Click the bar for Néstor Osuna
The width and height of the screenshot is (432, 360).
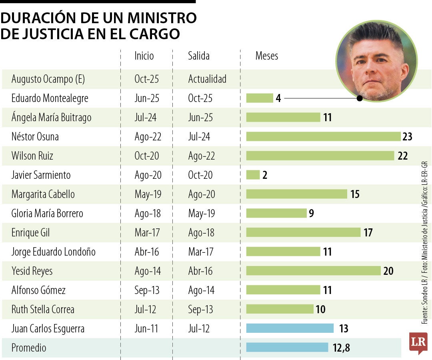click(x=323, y=136)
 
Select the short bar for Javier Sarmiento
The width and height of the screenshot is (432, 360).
click(x=253, y=175)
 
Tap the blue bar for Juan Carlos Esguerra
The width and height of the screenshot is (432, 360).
click(x=290, y=328)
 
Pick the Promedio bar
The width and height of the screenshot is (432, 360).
click(x=287, y=348)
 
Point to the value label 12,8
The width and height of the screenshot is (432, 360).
click(x=341, y=348)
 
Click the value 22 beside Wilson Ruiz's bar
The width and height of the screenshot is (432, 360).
click(x=402, y=156)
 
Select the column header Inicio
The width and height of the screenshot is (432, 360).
click(x=144, y=56)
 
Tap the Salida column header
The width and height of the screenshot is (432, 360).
click(x=199, y=56)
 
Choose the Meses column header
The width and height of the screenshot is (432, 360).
click(x=267, y=56)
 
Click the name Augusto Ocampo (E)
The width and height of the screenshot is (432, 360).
click(x=48, y=79)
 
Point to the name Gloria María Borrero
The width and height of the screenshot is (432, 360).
click(x=47, y=214)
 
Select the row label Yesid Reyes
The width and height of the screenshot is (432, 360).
click(x=32, y=271)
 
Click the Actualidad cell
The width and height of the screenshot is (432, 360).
click(x=207, y=79)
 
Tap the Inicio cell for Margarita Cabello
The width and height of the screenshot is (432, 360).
click(x=148, y=194)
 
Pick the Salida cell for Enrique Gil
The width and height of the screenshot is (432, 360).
click(x=202, y=233)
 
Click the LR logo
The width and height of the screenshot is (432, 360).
click(x=418, y=343)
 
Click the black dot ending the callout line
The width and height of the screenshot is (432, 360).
click(x=360, y=98)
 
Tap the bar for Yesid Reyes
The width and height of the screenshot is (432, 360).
click(x=313, y=271)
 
